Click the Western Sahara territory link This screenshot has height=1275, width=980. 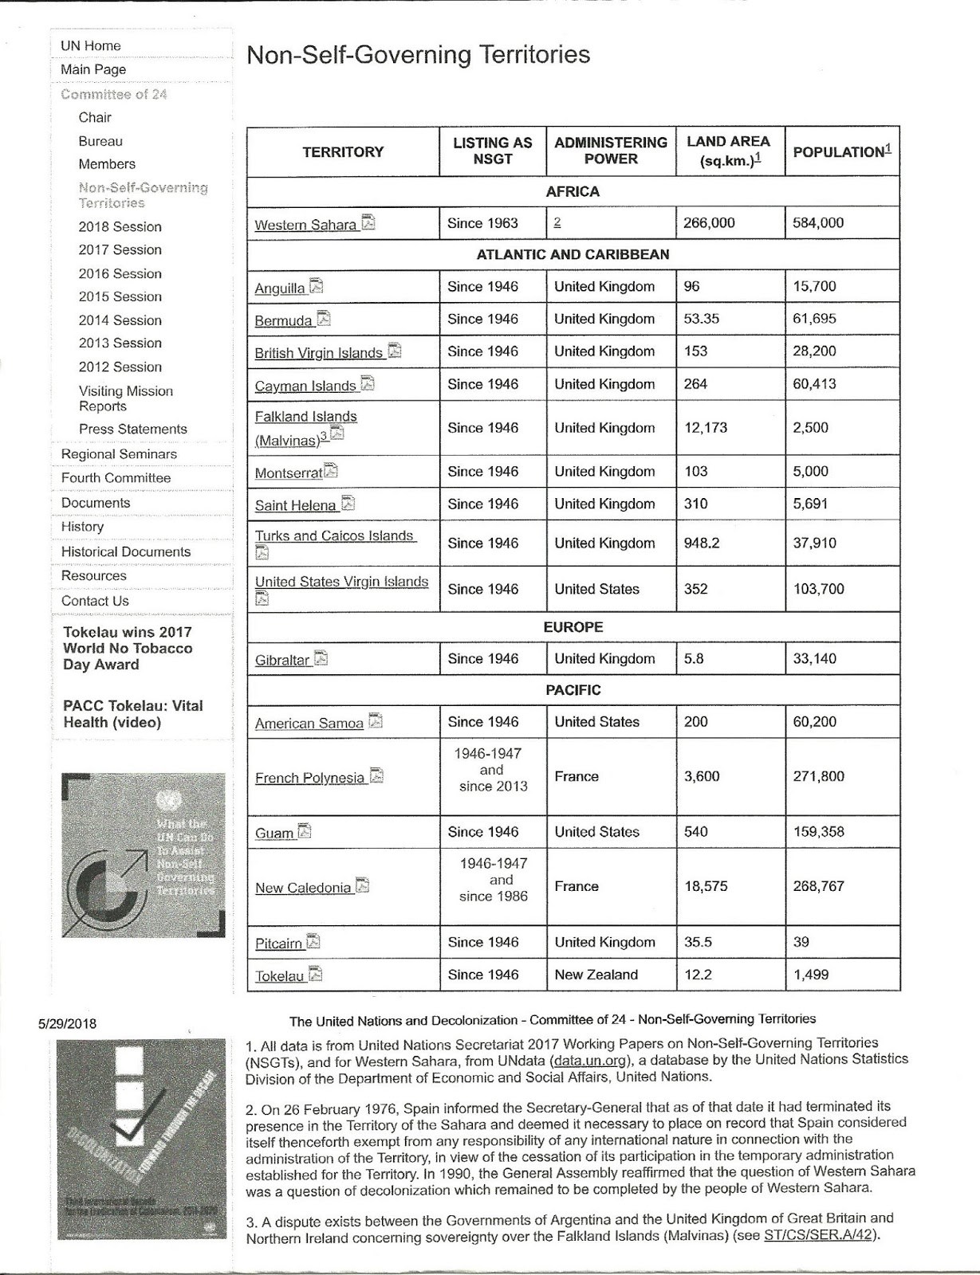(305, 225)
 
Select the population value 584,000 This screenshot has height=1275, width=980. (817, 223)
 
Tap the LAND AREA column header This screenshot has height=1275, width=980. (728, 150)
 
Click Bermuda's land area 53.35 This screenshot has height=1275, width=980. (701, 319)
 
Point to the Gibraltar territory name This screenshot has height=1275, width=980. (282, 660)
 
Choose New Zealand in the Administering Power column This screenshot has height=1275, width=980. (596, 975)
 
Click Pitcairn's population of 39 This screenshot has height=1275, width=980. (801, 942)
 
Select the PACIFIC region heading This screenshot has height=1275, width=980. (573, 690)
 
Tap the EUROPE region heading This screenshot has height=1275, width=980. (573, 627)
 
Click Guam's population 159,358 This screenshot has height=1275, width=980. (818, 832)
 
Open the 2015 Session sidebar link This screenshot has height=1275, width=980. (120, 296)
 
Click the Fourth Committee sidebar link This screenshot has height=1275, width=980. (116, 478)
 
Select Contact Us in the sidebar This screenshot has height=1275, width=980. (95, 601)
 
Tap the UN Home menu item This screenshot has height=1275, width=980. (91, 46)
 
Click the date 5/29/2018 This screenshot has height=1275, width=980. (67, 1024)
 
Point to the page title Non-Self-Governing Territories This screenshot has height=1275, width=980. (418, 55)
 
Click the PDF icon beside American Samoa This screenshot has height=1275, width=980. (375, 721)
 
